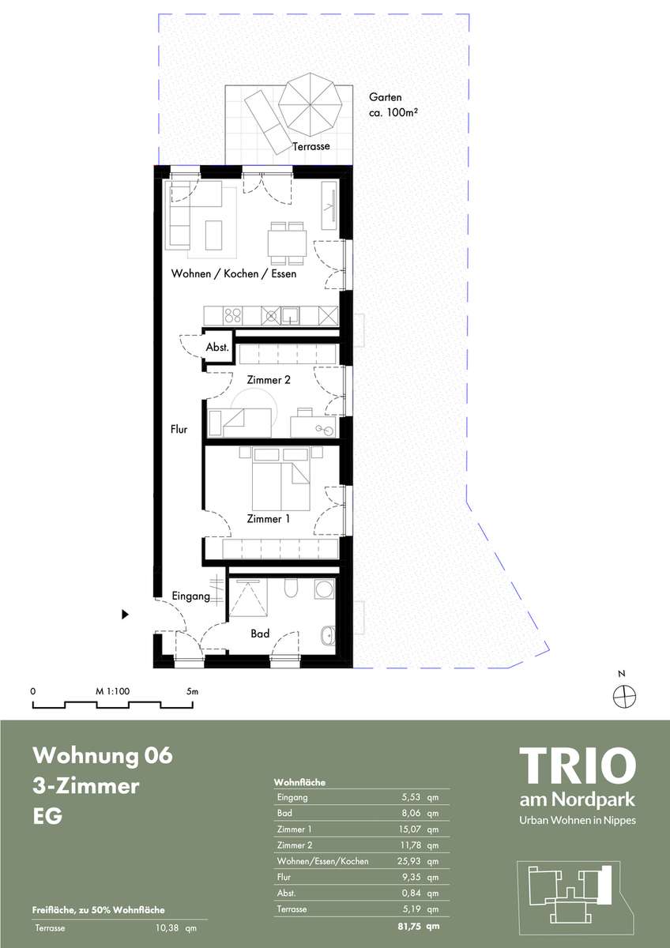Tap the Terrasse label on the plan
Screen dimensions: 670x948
coord(311,146)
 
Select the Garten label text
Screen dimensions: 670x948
coord(385,97)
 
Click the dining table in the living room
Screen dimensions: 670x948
coord(287,243)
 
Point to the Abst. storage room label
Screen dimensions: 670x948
coord(217,348)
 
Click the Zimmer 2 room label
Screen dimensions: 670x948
coord(269,380)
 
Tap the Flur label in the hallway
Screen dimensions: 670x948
coord(179,430)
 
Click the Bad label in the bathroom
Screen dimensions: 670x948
coord(260,634)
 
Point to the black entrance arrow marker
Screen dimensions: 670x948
coord(125,614)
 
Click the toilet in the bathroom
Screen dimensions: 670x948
coord(291,588)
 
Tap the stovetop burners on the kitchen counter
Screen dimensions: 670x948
coord(232,316)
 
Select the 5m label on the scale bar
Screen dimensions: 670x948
coord(192,691)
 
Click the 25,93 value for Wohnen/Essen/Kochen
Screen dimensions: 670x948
coord(408,861)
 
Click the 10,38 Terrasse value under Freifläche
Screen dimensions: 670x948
coord(167,928)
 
